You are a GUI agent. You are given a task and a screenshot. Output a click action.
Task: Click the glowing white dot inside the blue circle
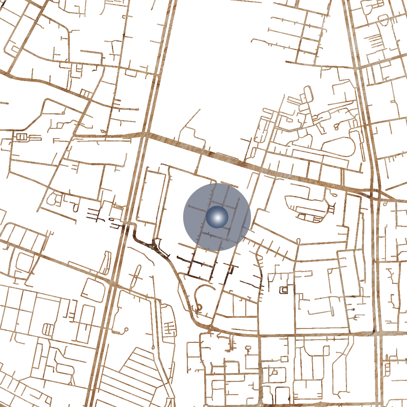click(x=217, y=217)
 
